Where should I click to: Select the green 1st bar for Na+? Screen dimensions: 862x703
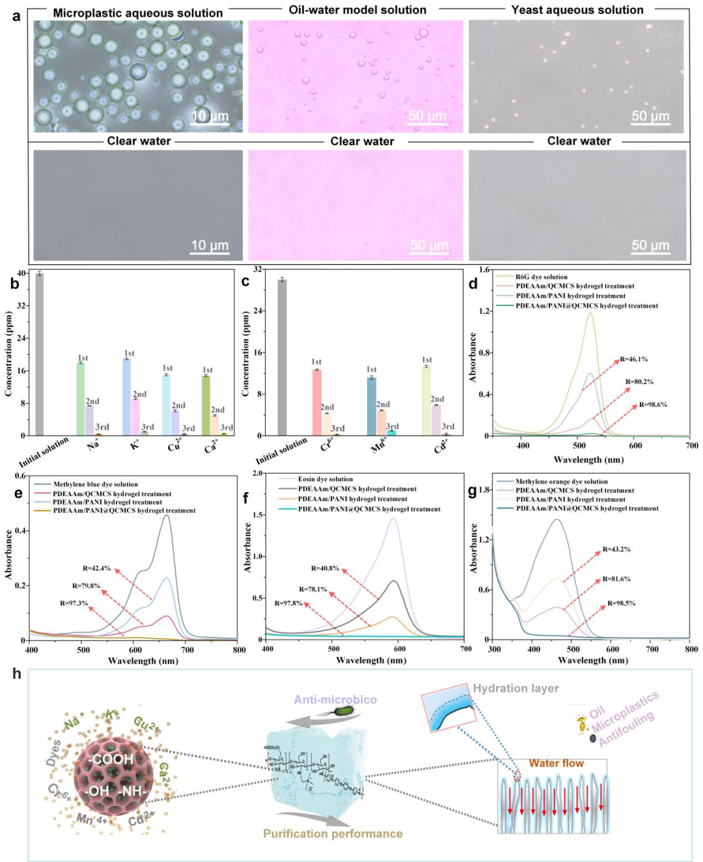pos(81,398)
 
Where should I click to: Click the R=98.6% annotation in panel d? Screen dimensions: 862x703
pos(652,404)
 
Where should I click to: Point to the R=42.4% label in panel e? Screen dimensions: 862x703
pos(96,568)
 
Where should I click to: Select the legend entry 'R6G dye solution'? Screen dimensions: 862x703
pos(541,277)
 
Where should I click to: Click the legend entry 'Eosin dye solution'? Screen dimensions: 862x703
pos(325,479)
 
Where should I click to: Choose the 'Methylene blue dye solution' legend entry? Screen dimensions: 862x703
pos(95,484)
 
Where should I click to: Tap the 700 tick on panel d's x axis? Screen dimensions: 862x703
pos(691,445)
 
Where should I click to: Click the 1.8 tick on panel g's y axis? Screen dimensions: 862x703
pos(484,490)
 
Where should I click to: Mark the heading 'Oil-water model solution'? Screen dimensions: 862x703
pos(357,10)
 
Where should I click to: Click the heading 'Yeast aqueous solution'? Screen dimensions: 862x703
pos(577,10)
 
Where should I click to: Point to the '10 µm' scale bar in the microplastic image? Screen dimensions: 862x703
pos(210,117)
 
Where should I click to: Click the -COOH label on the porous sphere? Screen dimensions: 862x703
pos(111,759)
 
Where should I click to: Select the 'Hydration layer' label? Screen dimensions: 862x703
pos(516,688)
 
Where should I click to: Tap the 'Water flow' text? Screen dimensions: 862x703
pos(556,763)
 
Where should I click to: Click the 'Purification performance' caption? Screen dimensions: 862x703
pos(333,833)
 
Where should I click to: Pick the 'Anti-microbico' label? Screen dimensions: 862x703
pos(335,699)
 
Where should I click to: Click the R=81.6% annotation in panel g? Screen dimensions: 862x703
pos(616,579)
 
